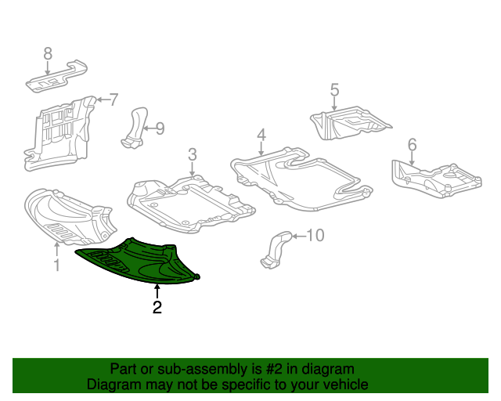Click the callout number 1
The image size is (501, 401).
click(x=56, y=266)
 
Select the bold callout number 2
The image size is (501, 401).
click(x=157, y=308)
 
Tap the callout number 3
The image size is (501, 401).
click(x=192, y=154)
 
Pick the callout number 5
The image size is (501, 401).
click(x=334, y=91)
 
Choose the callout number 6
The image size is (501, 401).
click(x=412, y=144)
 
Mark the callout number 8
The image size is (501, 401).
click(x=48, y=53)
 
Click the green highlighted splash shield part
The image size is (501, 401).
click(x=141, y=262)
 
